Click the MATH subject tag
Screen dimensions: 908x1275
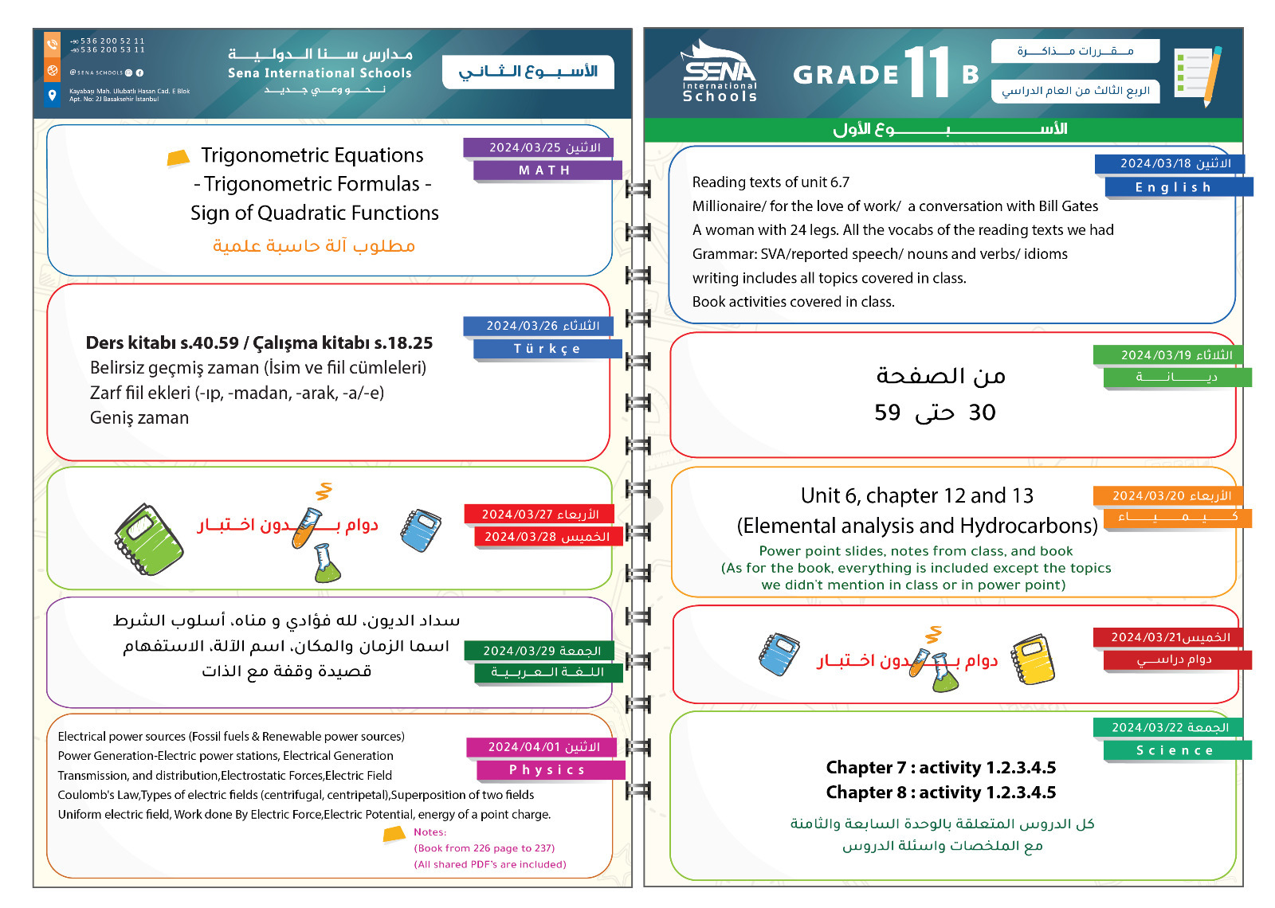tap(546, 170)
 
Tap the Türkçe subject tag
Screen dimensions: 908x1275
tap(547, 349)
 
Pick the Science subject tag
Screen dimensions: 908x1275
tap(1175, 750)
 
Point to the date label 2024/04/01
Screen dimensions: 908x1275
tap(544, 747)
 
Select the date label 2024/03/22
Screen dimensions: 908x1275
tap(1170, 727)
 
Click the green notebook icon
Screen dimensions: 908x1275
tap(148, 539)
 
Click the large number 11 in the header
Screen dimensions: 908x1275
tap(927, 72)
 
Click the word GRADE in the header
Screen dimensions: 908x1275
tap(846, 75)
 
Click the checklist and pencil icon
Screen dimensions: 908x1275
tap(1198, 74)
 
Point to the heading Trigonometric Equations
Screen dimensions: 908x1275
tap(312, 155)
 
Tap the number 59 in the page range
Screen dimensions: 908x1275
tap(887, 413)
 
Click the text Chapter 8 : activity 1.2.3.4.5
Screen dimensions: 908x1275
tap(940, 793)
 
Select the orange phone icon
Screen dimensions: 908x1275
tap(53, 44)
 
